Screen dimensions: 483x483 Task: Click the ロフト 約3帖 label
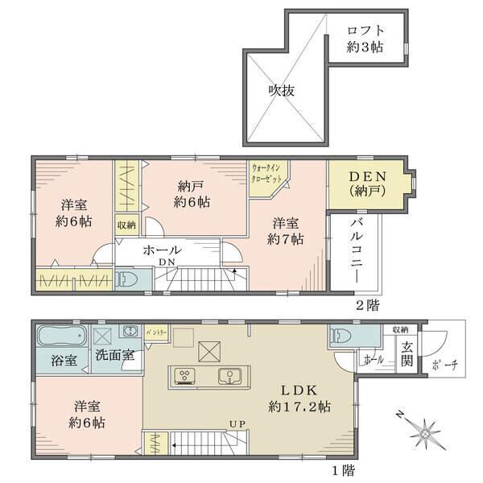click(x=364, y=39)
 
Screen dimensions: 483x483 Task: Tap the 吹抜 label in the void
click(x=281, y=90)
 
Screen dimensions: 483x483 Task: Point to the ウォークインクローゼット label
click(x=266, y=171)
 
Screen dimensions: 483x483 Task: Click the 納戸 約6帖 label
click(x=192, y=194)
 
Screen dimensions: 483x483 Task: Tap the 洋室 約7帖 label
click(x=287, y=231)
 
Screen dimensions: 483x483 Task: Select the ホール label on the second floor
click(x=162, y=251)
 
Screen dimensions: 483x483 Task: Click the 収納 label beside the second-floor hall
click(x=126, y=225)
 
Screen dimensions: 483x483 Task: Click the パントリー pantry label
click(x=157, y=332)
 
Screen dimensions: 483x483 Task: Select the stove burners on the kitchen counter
click(x=184, y=375)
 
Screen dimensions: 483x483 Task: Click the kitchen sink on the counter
click(x=229, y=375)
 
